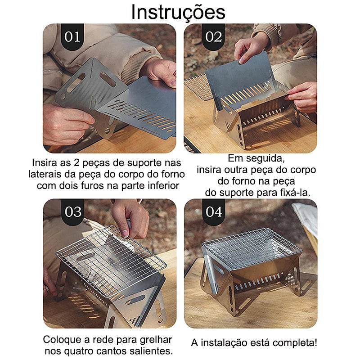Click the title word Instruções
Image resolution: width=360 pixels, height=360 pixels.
(178, 12)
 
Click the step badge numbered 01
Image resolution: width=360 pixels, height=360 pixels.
(72, 36)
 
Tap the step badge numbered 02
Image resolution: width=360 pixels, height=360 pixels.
(214, 36)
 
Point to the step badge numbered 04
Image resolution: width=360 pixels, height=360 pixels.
(214, 211)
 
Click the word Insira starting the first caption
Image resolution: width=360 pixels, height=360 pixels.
(44, 162)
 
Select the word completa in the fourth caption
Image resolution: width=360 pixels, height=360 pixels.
(293, 343)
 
